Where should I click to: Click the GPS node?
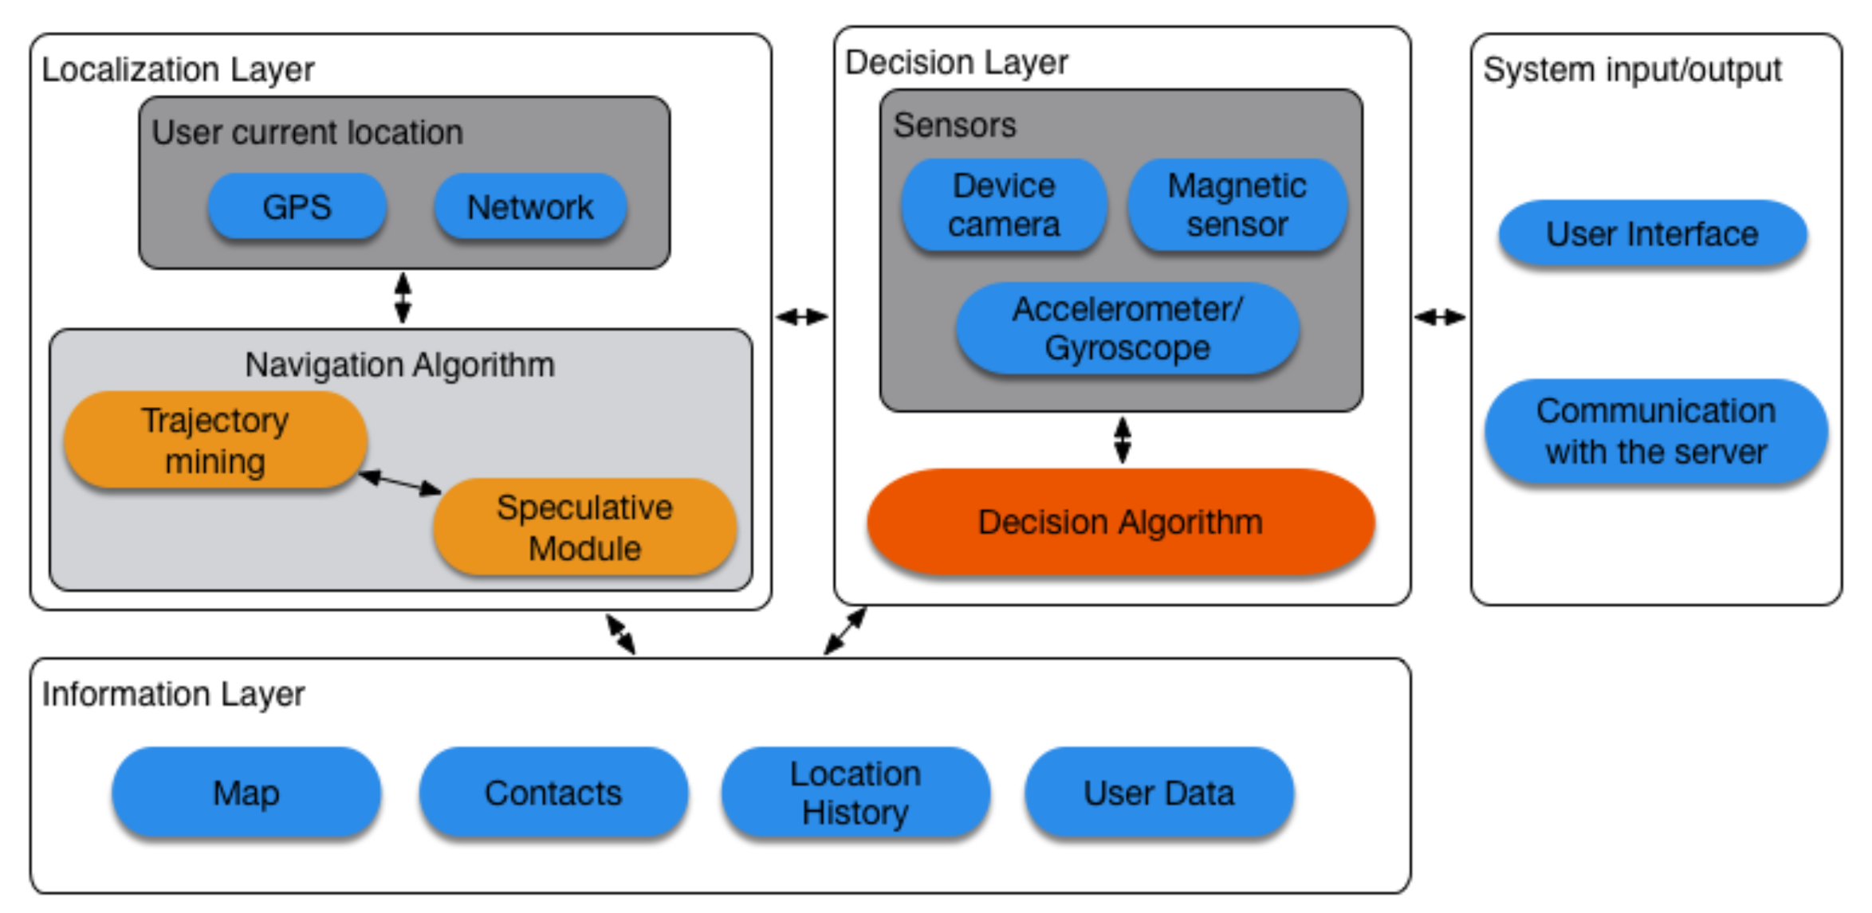tap(297, 207)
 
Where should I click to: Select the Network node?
tap(530, 207)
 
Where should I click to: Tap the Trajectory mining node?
tap(215, 441)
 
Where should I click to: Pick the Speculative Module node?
tap(584, 527)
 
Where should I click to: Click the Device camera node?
tap(1004, 206)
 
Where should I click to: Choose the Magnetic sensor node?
tap(1237, 206)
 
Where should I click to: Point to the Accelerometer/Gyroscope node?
tap(1127, 328)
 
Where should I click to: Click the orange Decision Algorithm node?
tap(1120, 523)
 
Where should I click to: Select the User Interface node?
tap(1652, 234)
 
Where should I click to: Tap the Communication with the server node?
tap(1656, 432)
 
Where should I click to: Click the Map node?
tap(246, 793)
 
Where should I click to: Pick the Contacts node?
tap(553, 793)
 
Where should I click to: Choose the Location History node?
tap(855, 793)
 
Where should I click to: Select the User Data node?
tap(1158, 793)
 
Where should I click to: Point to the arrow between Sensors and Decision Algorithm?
tap(1123, 441)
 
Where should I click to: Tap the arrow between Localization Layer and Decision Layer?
tap(802, 317)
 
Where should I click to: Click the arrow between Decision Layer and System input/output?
tap(1440, 317)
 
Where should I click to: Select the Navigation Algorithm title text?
tap(399, 365)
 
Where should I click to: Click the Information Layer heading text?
tap(173, 694)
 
